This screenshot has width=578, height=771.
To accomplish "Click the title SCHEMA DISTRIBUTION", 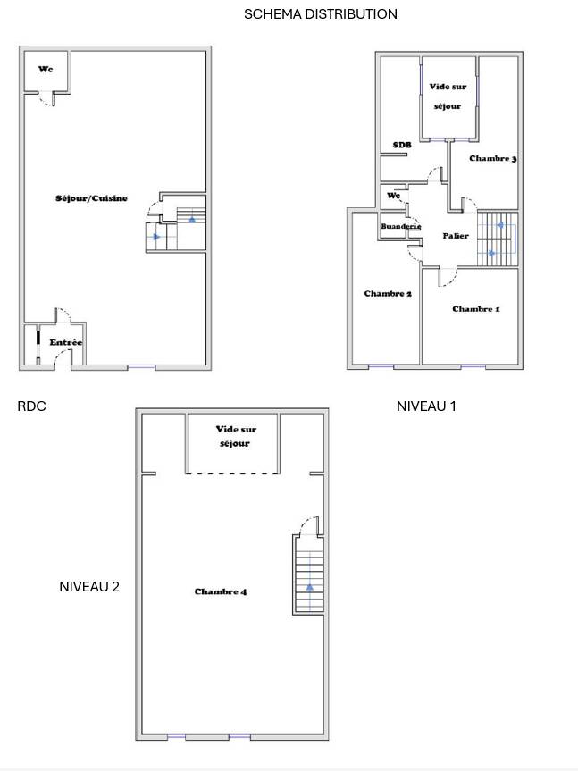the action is pyautogui.click(x=321, y=13).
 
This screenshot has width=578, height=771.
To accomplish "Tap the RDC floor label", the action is pyautogui.click(x=31, y=406).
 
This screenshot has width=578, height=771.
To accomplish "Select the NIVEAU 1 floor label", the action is pyautogui.click(x=426, y=406).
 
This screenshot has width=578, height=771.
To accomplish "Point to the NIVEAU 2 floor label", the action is pyautogui.click(x=89, y=587).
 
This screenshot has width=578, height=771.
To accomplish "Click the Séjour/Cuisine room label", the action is pyautogui.click(x=91, y=198).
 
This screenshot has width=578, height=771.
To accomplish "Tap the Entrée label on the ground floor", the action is pyautogui.click(x=65, y=342).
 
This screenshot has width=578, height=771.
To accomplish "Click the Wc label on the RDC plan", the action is pyautogui.click(x=46, y=70).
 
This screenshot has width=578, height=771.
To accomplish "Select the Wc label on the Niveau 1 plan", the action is pyautogui.click(x=394, y=196).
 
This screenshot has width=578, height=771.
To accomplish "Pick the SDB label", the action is pyautogui.click(x=401, y=145).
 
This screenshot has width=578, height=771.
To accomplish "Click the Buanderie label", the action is pyautogui.click(x=400, y=227).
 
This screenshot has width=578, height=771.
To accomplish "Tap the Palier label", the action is pyautogui.click(x=456, y=236).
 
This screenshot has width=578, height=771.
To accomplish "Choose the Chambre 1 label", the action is pyautogui.click(x=476, y=309).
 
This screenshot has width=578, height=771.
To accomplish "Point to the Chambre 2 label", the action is pyautogui.click(x=388, y=294).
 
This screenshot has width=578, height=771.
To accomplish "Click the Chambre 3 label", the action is pyautogui.click(x=492, y=158).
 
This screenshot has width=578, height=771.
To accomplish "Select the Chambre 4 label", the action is pyautogui.click(x=220, y=591).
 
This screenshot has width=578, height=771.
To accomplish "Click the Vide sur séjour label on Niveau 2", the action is pyautogui.click(x=236, y=436).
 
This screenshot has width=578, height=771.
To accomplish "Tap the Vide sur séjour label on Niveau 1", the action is pyautogui.click(x=448, y=96).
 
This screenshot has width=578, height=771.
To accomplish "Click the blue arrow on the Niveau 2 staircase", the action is pyautogui.click(x=310, y=586).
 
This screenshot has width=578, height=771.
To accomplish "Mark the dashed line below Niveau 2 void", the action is pyautogui.click(x=232, y=473).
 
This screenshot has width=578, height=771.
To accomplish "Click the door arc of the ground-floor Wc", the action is pyautogui.click(x=46, y=101).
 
